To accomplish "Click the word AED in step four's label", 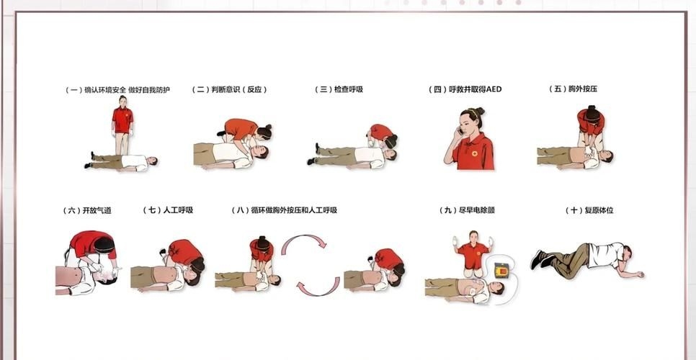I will [494, 90].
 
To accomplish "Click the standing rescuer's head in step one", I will [122, 102].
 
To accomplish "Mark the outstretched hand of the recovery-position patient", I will [638, 274].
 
